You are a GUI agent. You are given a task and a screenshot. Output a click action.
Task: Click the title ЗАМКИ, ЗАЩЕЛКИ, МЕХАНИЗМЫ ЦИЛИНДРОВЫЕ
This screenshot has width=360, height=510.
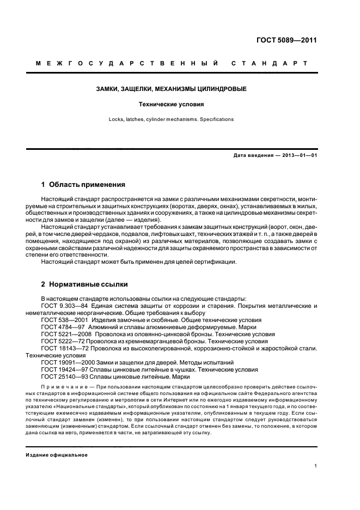[x=171, y=88]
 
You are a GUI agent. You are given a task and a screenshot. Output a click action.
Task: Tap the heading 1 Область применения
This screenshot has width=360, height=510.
[x=83, y=185]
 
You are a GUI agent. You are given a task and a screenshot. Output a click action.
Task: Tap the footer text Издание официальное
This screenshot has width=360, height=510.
[x=57, y=456]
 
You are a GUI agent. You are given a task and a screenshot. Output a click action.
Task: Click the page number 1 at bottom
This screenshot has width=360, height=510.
[x=316, y=466]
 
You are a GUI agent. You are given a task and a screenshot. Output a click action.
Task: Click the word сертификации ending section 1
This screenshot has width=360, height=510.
[x=216, y=262]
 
